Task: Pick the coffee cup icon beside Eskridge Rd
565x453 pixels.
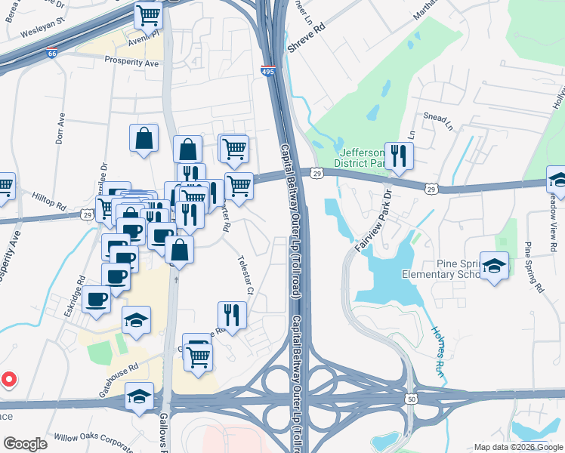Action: [97, 300]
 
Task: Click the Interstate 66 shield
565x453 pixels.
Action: [51, 54]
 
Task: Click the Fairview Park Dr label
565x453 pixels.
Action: [375, 217]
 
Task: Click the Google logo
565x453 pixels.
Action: [25, 444]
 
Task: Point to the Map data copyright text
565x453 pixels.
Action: [518, 447]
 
